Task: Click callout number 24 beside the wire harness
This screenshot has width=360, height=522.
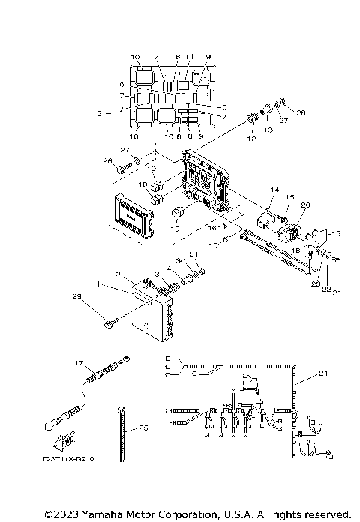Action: pyautogui.click(x=323, y=373)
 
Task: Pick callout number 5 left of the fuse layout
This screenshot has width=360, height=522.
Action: pyautogui.click(x=98, y=115)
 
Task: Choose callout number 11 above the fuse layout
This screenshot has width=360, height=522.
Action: pyautogui.click(x=189, y=57)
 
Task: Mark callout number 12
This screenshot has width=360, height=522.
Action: pyautogui.click(x=250, y=137)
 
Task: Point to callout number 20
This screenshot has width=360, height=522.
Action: pyautogui.click(x=304, y=205)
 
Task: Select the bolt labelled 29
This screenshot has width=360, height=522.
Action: pyautogui.click(x=110, y=324)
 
